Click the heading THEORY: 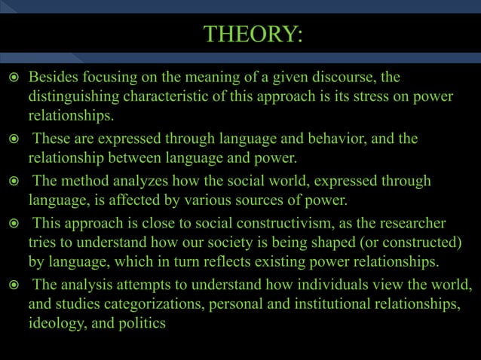click(x=253, y=35)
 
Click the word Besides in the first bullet click(x=54, y=78)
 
